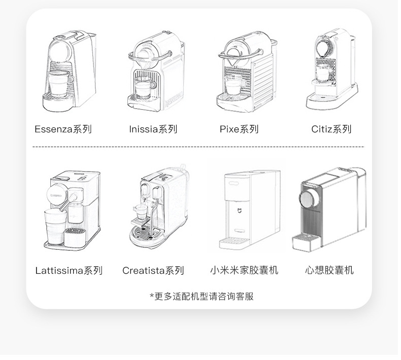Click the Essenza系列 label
63,129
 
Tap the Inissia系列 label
153,129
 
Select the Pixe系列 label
239,129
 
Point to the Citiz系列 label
331,129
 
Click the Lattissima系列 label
69,271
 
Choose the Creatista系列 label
153,271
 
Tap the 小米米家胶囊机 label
244,270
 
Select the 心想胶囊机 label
329,270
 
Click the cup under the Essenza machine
60,83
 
